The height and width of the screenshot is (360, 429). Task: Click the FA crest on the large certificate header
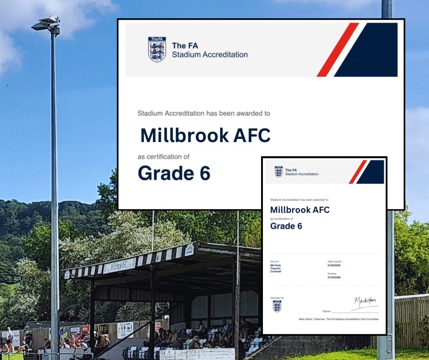pos(157,49)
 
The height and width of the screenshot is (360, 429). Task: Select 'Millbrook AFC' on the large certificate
pos(205,135)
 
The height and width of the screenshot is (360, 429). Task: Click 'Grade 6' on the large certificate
pos(174,173)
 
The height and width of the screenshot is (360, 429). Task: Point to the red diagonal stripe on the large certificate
pos(338,49)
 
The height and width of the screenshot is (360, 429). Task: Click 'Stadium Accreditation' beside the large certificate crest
pos(209,55)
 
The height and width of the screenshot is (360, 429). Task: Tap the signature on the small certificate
pos(365,302)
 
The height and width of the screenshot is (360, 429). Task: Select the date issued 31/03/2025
pos(335,265)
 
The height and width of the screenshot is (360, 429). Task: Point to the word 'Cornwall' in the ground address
pos(276,271)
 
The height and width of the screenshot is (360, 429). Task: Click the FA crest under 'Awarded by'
pos(277,306)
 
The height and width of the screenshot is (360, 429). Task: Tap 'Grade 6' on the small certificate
pos(286,226)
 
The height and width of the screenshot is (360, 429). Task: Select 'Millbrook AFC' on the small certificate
pos(300,210)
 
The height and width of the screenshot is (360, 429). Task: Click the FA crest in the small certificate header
pos(278,172)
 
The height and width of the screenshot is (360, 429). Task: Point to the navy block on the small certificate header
pos(372,172)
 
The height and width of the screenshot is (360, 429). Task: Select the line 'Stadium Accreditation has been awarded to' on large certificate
pos(207,112)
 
